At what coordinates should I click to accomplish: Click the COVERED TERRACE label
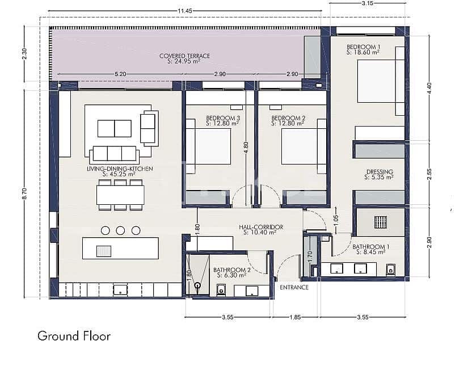click(x=184, y=56)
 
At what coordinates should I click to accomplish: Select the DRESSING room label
click(x=380, y=171)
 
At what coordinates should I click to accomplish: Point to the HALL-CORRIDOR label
click(x=260, y=227)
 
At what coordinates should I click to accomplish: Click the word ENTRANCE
click(x=294, y=288)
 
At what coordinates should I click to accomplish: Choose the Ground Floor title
click(x=74, y=335)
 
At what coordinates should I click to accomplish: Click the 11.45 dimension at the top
click(x=185, y=11)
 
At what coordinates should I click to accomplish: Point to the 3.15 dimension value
click(x=367, y=3)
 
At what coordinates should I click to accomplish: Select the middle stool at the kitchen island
click(x=120, y=230)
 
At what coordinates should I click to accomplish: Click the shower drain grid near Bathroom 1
click(x=380, y=221)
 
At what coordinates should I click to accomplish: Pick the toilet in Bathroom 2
click(x=222, y=291)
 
